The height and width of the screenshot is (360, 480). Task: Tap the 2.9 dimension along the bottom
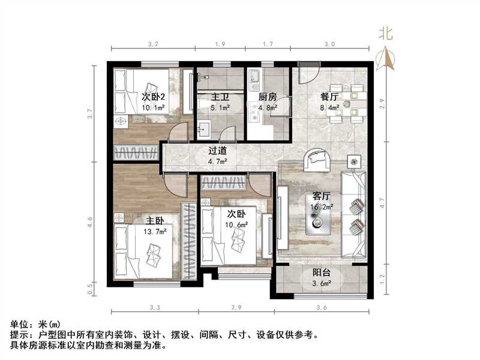[x=236, y=308]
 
